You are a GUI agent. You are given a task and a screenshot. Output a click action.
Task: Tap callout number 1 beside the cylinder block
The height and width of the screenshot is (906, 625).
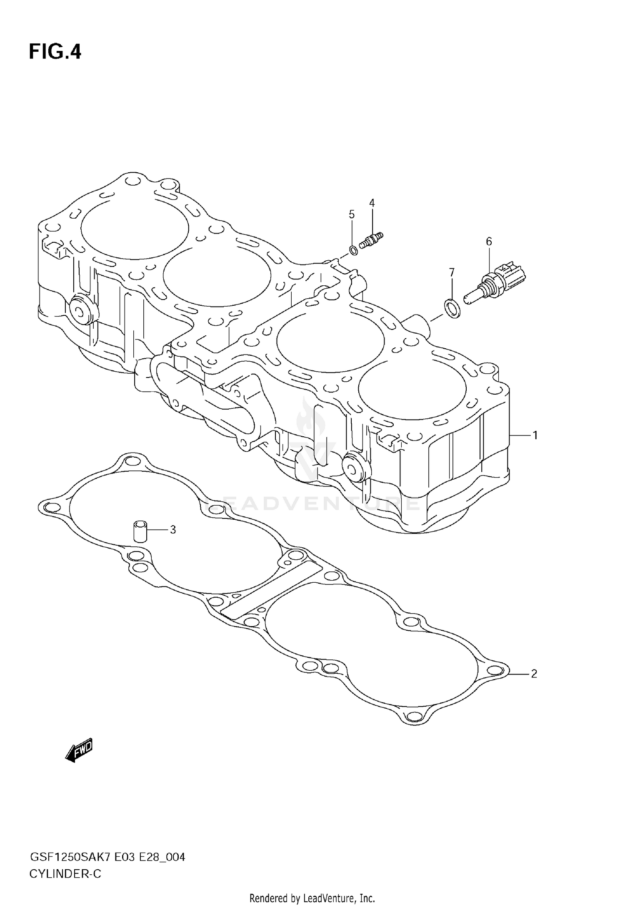point(535,435)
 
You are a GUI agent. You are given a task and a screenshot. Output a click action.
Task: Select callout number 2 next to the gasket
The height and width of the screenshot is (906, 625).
point(534,673)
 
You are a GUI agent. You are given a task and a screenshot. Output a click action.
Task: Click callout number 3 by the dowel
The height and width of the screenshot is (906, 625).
point(172,530)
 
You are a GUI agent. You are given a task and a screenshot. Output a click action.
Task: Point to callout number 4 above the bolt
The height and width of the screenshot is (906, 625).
point(372,203)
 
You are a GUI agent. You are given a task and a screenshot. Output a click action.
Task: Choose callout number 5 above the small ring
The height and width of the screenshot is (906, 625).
point(352,214)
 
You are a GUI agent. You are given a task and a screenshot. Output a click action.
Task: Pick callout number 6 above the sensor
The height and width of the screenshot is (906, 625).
point(489,241)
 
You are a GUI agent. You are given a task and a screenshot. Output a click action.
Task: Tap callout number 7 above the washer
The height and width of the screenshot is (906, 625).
point(452,272)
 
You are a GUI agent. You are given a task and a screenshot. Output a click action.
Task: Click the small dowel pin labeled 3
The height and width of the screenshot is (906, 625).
point(140,531)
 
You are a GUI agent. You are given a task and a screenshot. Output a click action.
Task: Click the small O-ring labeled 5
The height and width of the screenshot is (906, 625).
point(353,250)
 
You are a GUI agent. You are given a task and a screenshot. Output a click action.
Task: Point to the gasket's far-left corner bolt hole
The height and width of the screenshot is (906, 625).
point(50,507)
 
